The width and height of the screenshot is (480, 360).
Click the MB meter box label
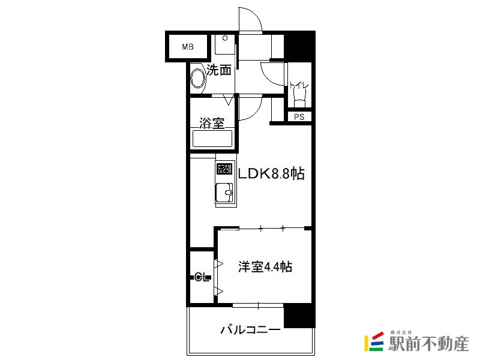click(x=188, y=47)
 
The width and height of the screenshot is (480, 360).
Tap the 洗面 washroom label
click(x=218, y=70)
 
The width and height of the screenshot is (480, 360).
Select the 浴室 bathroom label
click(x=212, y=123)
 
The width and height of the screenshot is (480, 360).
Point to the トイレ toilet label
click(x=299, y=85)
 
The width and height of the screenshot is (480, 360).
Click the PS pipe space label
click(x=299, y=117)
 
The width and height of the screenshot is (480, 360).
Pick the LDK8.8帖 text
click(x=271, y=173)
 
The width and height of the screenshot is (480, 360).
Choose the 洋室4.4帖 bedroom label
click(x=265, y=266)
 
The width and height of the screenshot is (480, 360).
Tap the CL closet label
click(x=202, y=278)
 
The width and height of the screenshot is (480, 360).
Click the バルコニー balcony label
click(x=250, y=330)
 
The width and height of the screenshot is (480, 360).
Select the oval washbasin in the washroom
click(x=198, y=78)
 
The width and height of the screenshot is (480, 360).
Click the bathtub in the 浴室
click(x=212, y=139)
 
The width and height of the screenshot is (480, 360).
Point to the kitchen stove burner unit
click(x=224, y=169)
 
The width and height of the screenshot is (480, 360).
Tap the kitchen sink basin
click(x=224, y=193)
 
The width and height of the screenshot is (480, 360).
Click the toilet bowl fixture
click(x=299, y=98)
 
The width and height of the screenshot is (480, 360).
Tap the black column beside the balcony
click(x=299, y=316)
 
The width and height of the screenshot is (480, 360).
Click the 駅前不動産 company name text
click(x=429, y=344)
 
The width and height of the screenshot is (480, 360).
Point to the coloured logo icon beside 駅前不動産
click(x=374, y=341)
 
